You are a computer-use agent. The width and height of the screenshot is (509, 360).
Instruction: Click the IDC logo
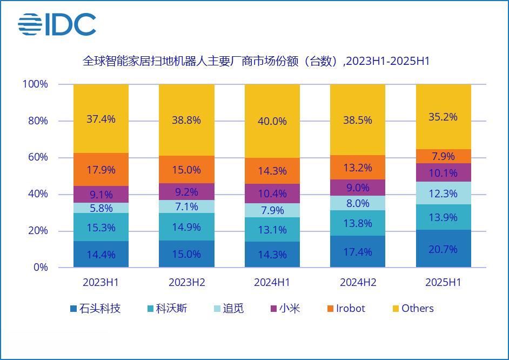(57, 25)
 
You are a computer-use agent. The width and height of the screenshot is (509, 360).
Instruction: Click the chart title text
(256, 61)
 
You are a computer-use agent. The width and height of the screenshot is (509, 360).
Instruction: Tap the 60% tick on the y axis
(37, 157)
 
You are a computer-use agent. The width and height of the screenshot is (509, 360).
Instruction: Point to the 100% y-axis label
(35, 84)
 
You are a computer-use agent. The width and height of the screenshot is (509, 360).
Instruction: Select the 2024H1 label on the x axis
(272, 283)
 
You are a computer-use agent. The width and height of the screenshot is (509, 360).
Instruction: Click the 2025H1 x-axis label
(443, 283)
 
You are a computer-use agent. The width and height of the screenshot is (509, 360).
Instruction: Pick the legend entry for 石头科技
(95, 309)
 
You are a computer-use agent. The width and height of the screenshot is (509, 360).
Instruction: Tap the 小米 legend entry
(285, 309)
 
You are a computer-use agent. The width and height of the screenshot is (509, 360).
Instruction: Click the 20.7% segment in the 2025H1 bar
(444, 249)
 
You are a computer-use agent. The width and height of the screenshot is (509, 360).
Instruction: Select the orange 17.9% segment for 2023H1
(101, 170)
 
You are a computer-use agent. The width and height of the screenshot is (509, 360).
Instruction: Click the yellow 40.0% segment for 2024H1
(272, 121)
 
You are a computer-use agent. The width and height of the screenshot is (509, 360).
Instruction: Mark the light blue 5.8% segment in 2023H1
(101, 208)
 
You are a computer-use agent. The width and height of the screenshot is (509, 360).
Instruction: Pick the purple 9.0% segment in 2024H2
(358, 188)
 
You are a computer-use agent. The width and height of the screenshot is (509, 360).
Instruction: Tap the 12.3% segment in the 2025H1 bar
(444, 193)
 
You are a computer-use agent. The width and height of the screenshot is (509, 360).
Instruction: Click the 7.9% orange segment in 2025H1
(444, 156)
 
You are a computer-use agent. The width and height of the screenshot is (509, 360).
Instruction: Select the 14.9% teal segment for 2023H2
(186, 227)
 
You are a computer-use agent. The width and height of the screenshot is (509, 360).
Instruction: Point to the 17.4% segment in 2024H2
(358, 252)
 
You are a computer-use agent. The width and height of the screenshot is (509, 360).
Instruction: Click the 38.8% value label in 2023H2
(186, 120)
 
